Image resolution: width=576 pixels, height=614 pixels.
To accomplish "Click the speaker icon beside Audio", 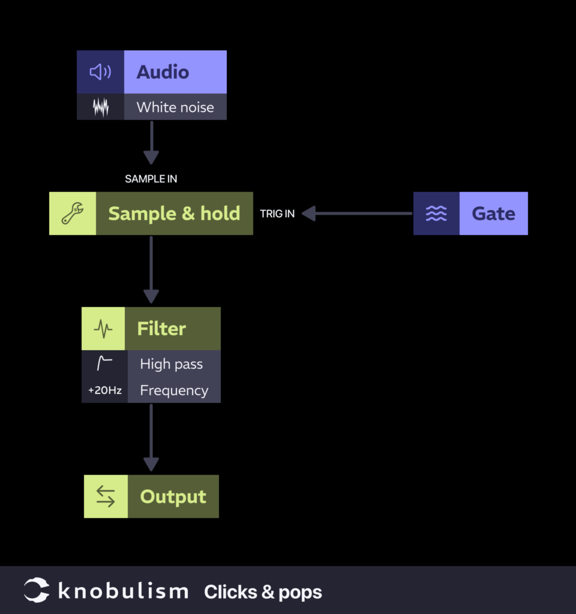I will point(100,72).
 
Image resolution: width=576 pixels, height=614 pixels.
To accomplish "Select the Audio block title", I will point(163,72).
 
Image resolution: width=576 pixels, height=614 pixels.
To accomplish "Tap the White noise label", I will point(175,107).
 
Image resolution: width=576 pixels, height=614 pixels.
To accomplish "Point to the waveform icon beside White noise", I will point(100,107).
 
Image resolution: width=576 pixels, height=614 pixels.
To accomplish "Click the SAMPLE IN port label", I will point(151,179).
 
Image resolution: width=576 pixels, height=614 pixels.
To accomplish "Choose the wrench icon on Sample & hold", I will point(73,213).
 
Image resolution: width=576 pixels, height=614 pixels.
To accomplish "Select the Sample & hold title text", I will point(174,213).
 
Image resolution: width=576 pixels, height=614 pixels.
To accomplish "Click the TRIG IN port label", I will point(277,213).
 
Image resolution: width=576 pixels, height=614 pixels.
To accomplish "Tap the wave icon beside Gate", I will point(436,213).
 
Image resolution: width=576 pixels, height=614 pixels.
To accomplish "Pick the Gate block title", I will point(493,213).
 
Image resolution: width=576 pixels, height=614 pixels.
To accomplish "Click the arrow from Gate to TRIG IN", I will point(357,213).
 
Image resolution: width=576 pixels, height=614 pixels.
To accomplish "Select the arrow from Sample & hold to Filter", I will point(151,270).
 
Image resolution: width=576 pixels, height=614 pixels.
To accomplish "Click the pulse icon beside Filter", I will point(103,329).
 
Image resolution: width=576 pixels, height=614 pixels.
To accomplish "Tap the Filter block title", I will point(161,329).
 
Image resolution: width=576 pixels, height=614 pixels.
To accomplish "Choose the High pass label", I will point(171,364).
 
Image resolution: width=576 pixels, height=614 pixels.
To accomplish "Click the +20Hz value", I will point(105,390).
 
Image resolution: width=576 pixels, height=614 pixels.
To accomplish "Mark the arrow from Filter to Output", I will point(151,438).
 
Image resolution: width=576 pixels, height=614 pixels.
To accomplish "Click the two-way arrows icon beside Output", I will point(106,496).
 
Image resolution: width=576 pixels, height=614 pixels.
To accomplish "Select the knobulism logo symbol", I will point(37,591).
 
